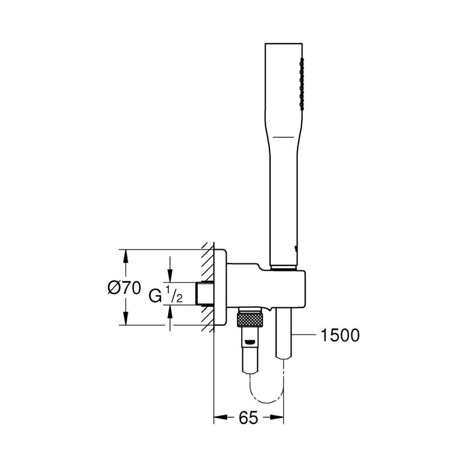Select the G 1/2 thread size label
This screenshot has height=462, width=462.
pos(166,294)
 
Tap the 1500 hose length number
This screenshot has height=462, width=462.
pos(341,335)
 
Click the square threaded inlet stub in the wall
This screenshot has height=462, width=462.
pos(204,293)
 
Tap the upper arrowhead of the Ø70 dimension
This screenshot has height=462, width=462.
pos(126,255)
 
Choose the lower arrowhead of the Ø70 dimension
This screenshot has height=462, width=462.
pos(126,320)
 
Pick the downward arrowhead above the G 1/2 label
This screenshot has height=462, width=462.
pos(170,276)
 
